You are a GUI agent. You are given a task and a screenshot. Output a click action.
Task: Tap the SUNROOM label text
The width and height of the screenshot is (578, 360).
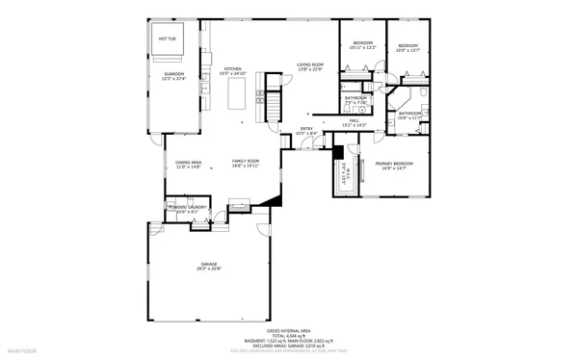point(173,73)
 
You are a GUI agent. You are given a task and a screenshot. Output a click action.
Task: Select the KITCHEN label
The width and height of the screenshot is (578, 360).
point(232,68)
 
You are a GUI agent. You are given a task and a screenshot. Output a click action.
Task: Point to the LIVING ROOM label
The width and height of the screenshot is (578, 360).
point(309,64)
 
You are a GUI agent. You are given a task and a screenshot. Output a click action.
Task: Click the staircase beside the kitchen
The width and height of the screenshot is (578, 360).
point(273,100)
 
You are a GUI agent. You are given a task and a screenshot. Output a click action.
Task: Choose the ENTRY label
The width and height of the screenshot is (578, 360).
point(306,128)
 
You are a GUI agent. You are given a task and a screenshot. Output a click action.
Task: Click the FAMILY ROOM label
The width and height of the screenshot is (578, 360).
point(246,161)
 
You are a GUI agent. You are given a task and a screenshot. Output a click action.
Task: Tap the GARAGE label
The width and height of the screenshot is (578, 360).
point(209,264)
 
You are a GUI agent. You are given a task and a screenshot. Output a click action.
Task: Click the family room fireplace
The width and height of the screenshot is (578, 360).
point(239,204)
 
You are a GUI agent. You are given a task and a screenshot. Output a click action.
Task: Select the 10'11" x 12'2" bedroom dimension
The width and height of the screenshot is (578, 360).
point(362,47)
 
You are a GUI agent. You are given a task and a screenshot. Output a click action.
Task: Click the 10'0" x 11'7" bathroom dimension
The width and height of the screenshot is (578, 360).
point(410,118)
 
